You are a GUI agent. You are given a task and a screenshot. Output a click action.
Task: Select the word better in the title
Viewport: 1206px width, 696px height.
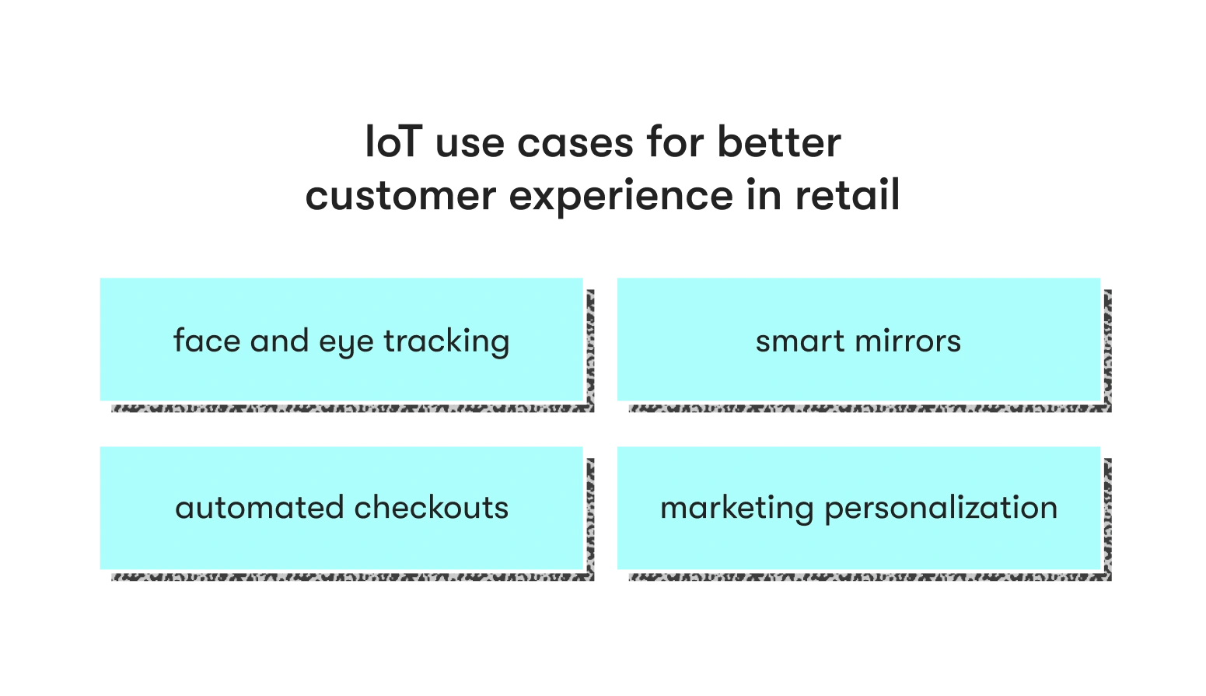pyautogui.click(x=779, y=142)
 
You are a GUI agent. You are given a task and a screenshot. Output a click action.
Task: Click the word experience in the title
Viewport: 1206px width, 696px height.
pyautogui.click(x=620, y=197)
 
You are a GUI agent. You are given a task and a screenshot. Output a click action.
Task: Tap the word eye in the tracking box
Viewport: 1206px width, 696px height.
pyautogui.click(x=346, y=344)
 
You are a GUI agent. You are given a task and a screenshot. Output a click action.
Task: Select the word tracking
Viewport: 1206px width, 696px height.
pyautogui.click(x=446, y=342)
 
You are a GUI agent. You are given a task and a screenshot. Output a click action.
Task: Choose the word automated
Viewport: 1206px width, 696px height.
pyautogui.click(x=260, y=507)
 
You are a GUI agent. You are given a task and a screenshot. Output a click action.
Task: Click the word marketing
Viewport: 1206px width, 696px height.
pyautogui.click(x=736, y=509)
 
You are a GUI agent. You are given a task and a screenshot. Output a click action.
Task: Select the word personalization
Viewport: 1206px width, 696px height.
pyautogui.click(x=941, y=509)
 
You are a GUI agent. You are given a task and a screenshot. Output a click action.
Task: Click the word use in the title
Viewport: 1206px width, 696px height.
pyautogui.click(x=470, y=145)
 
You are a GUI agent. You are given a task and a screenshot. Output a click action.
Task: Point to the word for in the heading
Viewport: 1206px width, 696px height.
pyautogui.click(x=675, y=142)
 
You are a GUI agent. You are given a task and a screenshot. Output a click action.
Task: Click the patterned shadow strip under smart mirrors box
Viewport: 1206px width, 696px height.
pyautogui.click(x=870, y=408)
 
